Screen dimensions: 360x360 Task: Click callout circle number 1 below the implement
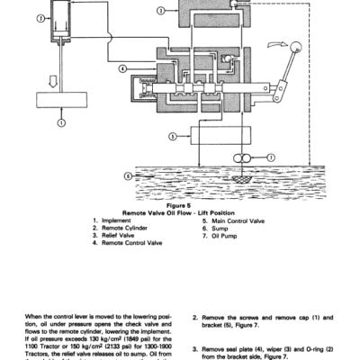[59, 121]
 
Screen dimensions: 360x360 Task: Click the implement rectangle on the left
[59, 98]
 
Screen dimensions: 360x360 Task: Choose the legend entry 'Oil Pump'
[221, 236]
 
